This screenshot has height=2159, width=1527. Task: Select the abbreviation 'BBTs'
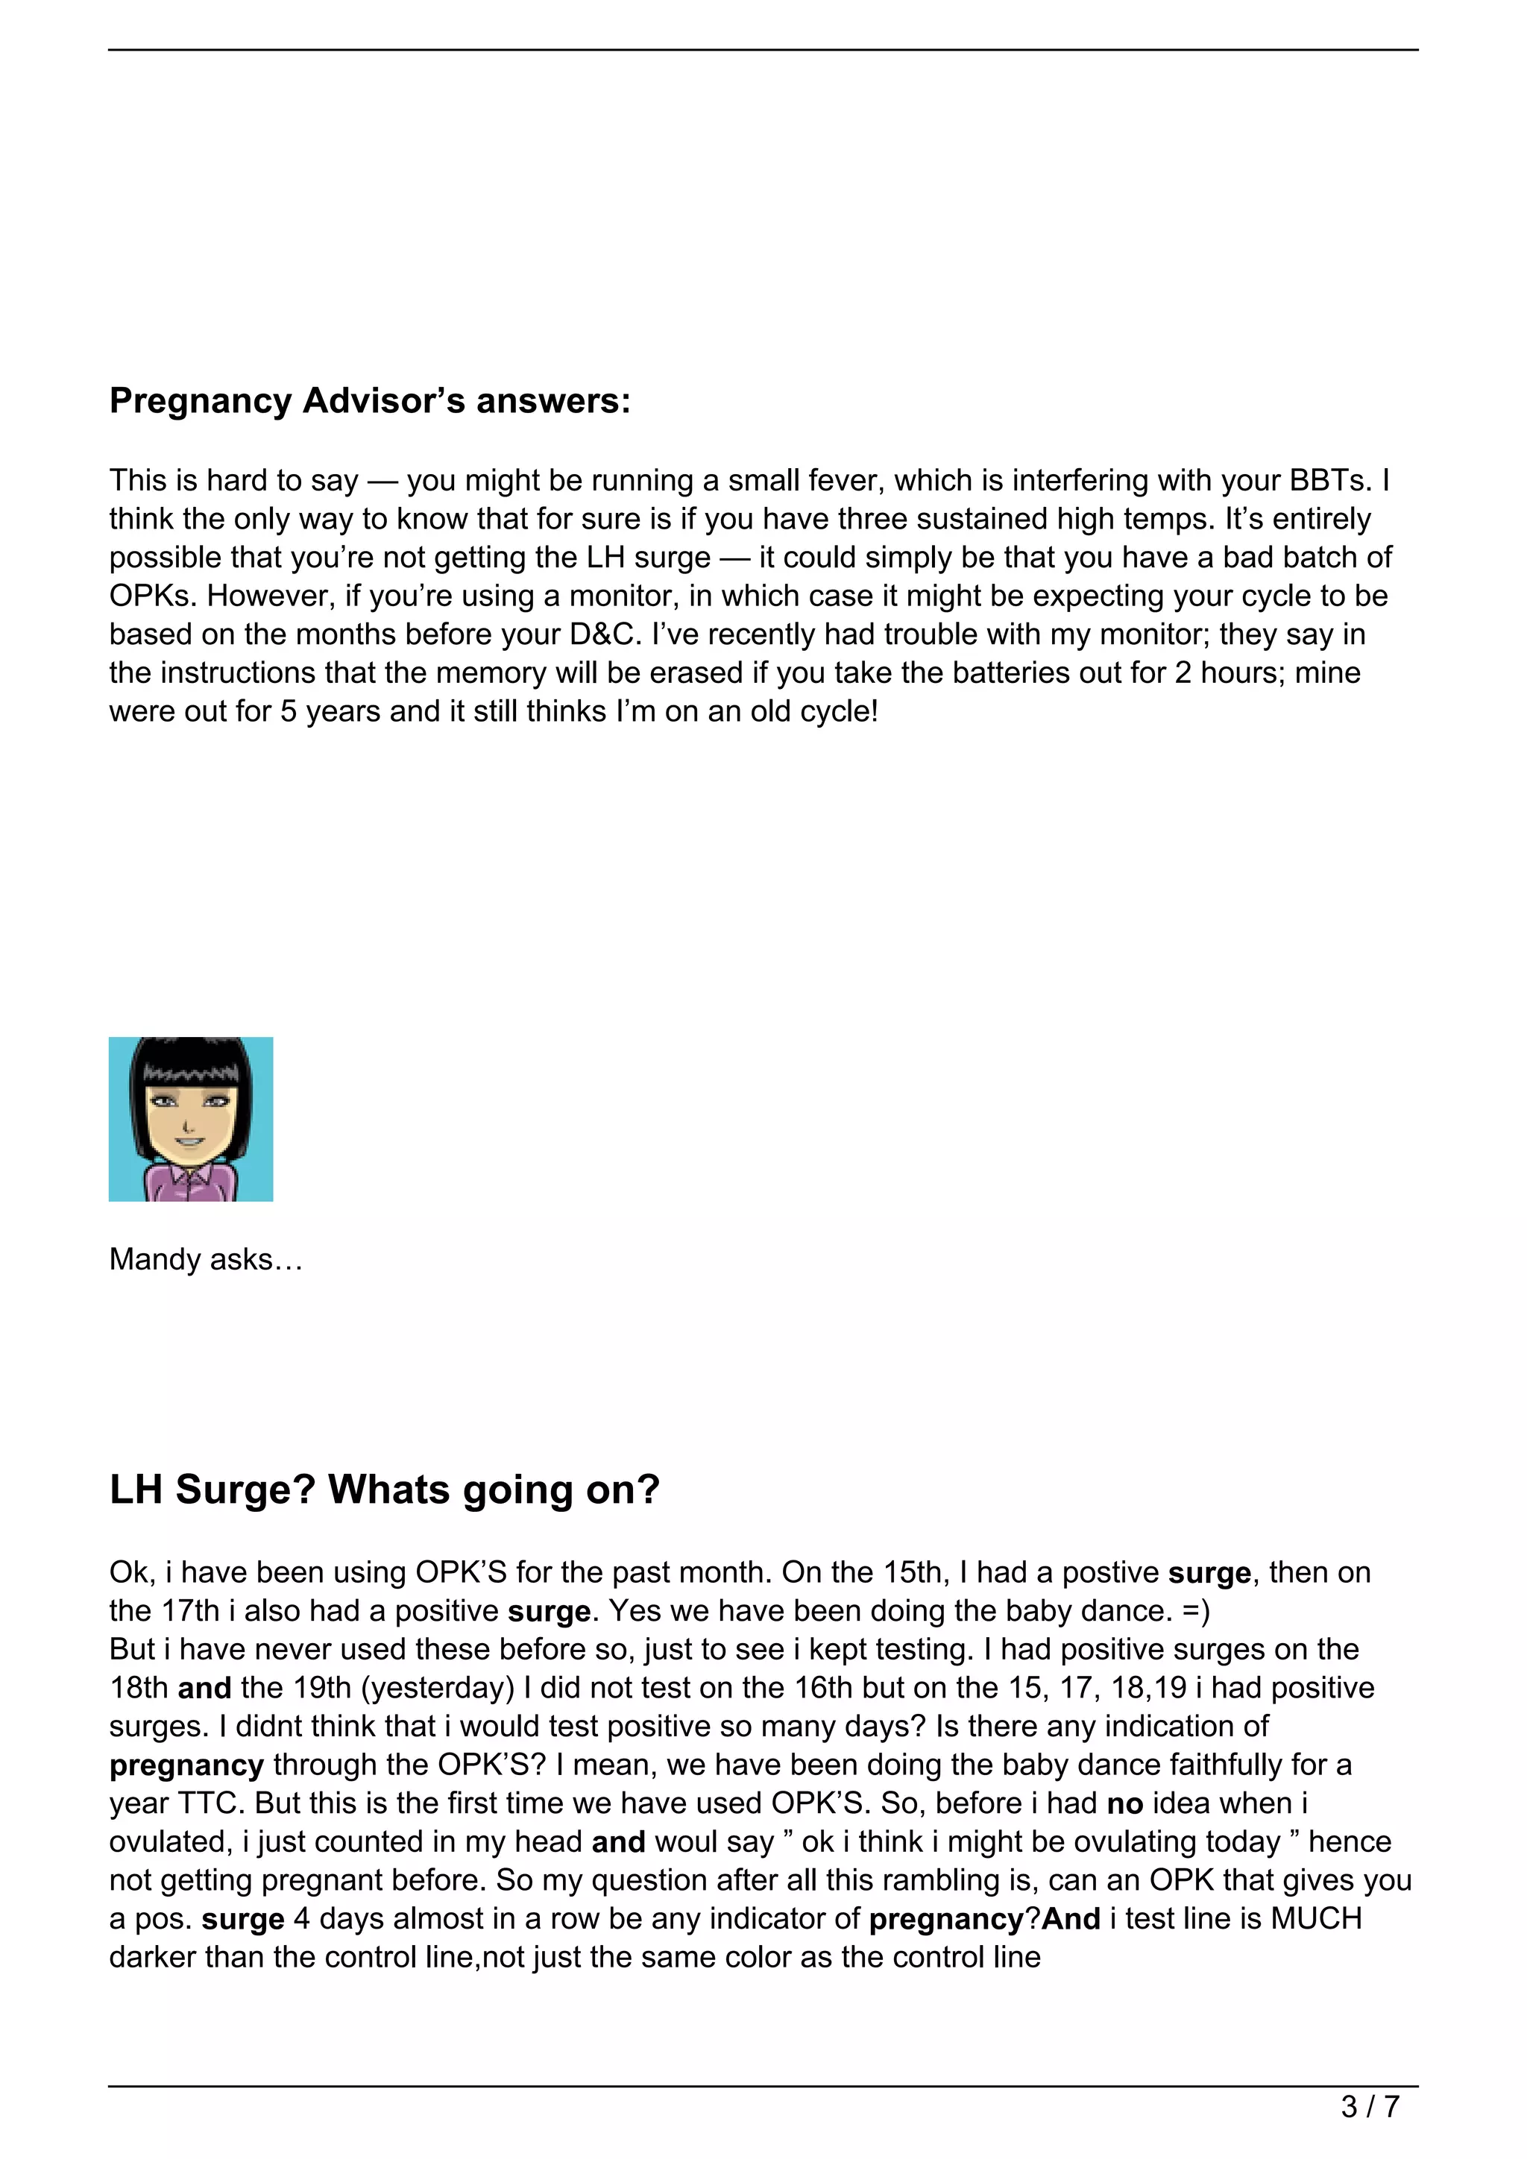[1329, 481]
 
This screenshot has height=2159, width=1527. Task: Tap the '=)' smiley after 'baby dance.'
[1196, 1611]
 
